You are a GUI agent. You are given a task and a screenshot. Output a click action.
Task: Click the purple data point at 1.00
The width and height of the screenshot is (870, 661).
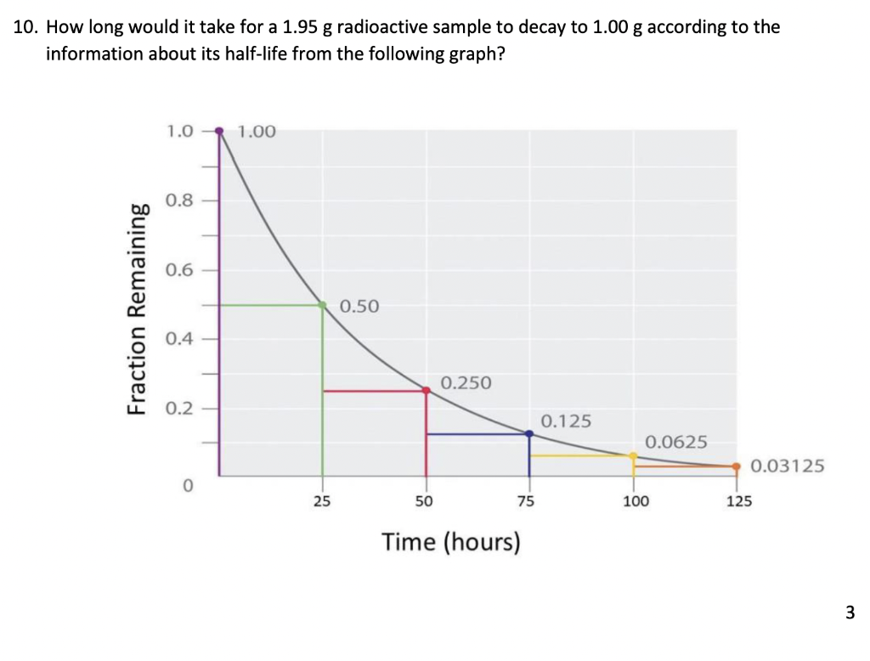point(219,131)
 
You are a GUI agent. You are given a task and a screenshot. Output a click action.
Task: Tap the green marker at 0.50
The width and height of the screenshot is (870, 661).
point(322,304)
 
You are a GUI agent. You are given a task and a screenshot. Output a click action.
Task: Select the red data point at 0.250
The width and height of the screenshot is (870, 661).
point(426,390)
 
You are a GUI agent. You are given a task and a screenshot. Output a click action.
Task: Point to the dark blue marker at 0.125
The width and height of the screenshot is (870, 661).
point(529,433)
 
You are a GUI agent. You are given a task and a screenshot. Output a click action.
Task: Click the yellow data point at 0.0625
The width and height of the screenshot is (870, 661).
point(633,455)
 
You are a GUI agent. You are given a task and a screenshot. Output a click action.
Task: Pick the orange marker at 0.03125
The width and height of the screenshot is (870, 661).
point(737,466)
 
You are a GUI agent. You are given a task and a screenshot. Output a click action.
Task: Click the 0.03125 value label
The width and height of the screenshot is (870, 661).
point(788,466)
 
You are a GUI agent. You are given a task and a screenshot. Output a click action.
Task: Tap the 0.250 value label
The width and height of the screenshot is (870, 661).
point(466,382)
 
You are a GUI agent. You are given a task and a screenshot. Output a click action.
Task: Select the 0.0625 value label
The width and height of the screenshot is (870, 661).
point(675,442)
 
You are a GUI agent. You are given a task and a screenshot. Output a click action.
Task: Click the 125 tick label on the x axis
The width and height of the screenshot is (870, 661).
point(738,501)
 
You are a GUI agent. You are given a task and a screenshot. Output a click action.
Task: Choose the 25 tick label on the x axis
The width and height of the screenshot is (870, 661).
point(321,501)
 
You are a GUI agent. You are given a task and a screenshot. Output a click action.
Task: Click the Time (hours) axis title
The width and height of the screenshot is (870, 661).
point(450,541)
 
